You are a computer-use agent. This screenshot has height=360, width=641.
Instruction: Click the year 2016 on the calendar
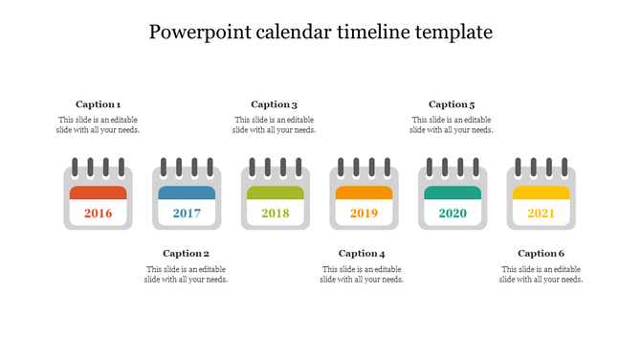pos(98,214)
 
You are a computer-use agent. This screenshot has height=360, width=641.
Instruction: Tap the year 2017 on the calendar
pos(187,214)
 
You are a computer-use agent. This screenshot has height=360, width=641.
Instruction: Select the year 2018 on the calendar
pos(276,214)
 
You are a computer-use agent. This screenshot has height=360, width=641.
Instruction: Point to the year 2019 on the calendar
pos(364,214)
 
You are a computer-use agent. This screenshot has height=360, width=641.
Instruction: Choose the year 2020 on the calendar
pos(453,214)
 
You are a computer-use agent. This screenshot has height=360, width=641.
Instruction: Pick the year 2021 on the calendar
pos(541,214)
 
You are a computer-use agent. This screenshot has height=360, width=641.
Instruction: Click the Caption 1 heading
pos(98,104)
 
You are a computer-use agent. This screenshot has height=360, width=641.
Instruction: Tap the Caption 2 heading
pos(186,254)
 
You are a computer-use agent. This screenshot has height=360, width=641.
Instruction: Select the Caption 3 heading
pos(275,104)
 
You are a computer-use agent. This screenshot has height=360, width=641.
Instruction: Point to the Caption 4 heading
pos(362,254)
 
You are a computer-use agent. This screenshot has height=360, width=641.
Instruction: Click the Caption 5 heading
pos(452,104)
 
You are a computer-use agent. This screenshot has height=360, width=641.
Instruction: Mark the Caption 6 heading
pos(541,254)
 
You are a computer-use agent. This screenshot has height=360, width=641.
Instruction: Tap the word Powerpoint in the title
pos(200,33)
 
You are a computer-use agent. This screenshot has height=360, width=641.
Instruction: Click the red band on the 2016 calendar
pos(98,192)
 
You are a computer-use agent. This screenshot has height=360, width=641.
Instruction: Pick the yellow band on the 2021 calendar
pos(541,192)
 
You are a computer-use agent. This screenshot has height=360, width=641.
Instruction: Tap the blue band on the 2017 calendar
pos(187,192)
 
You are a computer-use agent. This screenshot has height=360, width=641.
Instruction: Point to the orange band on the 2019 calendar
pos(364,192)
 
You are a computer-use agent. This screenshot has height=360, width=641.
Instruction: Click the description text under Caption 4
pos(362,275)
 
